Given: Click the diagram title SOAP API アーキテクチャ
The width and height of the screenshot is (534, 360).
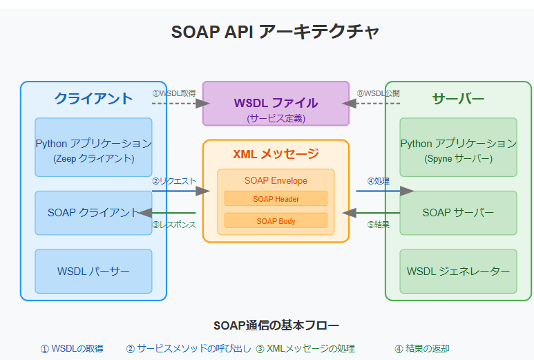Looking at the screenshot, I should (275, 32).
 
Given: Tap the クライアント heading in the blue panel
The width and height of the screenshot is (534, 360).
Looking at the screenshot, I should (93, 98).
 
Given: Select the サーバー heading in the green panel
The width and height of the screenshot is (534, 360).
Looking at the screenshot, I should (458, 98).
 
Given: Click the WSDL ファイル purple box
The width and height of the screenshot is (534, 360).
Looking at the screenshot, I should (276, 104).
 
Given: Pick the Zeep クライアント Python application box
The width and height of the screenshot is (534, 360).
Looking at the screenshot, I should (93, 147).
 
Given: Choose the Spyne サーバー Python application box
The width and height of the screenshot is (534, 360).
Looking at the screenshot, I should (458, 147).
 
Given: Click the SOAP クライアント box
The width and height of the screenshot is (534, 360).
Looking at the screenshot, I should (93, 213).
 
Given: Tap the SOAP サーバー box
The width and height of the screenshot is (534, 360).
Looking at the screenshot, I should (458, 213).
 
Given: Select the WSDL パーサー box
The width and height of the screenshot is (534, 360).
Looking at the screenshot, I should (93, 272).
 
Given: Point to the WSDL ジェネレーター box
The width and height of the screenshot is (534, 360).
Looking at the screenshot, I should (458, 272).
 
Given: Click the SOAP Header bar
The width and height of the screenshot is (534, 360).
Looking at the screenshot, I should (276, 199).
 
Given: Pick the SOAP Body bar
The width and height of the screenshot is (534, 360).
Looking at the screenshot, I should (276, 221).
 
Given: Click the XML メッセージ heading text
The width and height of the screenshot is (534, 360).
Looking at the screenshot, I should (276, 154).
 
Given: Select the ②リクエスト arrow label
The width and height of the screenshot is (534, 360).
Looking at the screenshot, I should (174, 181).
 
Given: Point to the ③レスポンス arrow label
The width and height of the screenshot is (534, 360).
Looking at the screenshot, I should (173, 225).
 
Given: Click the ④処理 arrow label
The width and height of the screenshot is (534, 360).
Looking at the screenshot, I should (378, 181).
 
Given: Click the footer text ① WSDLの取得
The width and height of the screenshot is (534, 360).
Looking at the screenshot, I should (72, 349).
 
